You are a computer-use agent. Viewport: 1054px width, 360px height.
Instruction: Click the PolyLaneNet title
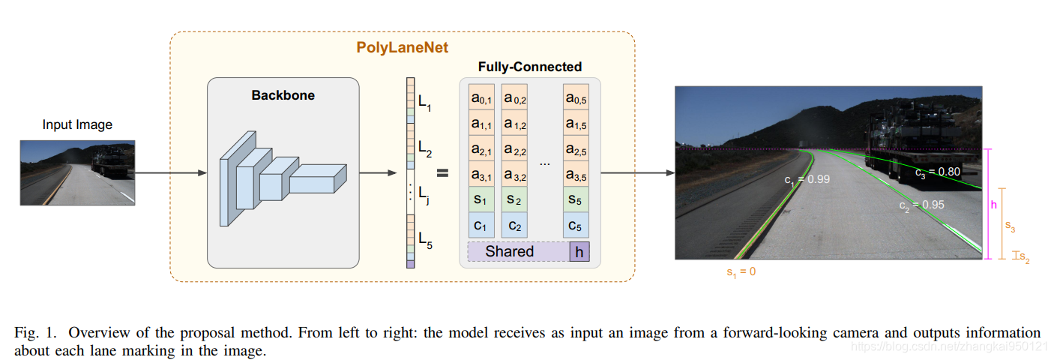(x=402, y=48)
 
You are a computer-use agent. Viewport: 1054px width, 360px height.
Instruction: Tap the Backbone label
(x=283, y=95)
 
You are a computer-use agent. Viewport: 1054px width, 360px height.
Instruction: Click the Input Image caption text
(x=77, y=124)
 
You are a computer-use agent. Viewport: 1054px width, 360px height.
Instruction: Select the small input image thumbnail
(x=77, y=172)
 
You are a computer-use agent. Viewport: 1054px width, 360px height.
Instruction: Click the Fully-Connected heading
(x=529, y=67)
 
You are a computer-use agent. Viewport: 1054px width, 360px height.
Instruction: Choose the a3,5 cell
(x=576, y=176)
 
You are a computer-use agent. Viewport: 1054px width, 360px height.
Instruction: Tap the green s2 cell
(x=514, y=200)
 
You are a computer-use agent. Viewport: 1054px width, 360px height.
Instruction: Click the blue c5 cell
(x=576, y=225)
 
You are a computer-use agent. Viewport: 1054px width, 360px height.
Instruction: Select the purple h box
(x=579, y=252)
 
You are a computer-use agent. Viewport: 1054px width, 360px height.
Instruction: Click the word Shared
(x=510, y=252)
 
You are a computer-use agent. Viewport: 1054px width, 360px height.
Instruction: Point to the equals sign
(x=442, y=173)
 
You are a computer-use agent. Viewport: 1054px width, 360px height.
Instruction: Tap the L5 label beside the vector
(x=425, y=240)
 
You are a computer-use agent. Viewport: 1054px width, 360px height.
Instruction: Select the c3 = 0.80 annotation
(x=937, y=172)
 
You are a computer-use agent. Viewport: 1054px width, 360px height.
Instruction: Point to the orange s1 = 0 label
(x=741, y=272)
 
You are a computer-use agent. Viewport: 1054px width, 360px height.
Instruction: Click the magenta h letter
(x=994, y=204)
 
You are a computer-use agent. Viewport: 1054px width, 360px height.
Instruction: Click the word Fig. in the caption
(x=27, y=332)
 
